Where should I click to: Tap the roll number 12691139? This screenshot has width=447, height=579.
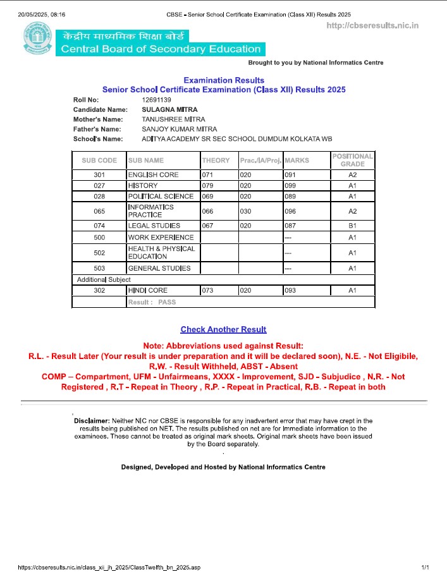(x=157, y=100)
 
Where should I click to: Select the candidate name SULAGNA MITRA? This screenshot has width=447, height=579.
(x=169, y=110)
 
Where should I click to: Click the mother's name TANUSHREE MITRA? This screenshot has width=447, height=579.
(x=173, y=119)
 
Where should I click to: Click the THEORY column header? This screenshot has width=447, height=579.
(x=216, y=161)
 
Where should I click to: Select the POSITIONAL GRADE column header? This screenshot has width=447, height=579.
(x=353, y=160)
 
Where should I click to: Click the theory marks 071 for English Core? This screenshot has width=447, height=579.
(x=208, y=174)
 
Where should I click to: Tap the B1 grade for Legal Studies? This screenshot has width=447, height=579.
(x=353, y=226)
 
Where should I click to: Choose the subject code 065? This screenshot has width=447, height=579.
(x=99, y=211)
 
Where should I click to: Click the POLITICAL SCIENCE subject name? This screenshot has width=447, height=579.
(x=161, y=197)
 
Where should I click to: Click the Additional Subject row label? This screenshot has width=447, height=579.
(x=104, y=279)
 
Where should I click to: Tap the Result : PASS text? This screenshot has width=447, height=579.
(x=152, y=302)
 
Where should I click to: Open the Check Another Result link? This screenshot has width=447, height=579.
(x=223, y=329)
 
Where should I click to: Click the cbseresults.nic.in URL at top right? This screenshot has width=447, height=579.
(x=372, y=25)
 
